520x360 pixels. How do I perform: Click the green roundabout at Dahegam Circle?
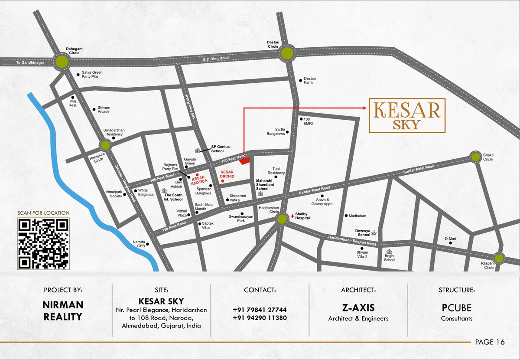pos(62,62)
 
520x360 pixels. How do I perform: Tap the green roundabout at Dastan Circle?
pos(286,53)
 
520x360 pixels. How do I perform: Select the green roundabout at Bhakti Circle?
pos(475,157)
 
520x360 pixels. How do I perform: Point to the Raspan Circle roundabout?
pos(499,259)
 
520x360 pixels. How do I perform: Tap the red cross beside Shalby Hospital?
pos(292,216)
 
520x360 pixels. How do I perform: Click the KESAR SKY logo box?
pos(406,115)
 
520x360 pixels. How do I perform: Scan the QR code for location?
pos(43,243)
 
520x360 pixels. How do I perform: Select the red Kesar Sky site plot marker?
pos(245,161)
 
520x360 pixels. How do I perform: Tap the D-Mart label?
pos(451,239)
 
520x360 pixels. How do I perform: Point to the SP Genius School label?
pos(220,149)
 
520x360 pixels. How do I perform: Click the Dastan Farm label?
pos(310,80)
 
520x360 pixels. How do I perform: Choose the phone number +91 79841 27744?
pos(260,310)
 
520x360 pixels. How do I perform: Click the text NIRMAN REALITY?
pos(63,311)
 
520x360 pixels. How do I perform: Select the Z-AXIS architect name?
pos(358,308)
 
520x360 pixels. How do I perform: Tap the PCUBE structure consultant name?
pos(457,308)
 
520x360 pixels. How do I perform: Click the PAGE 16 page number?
pos(490,342)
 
